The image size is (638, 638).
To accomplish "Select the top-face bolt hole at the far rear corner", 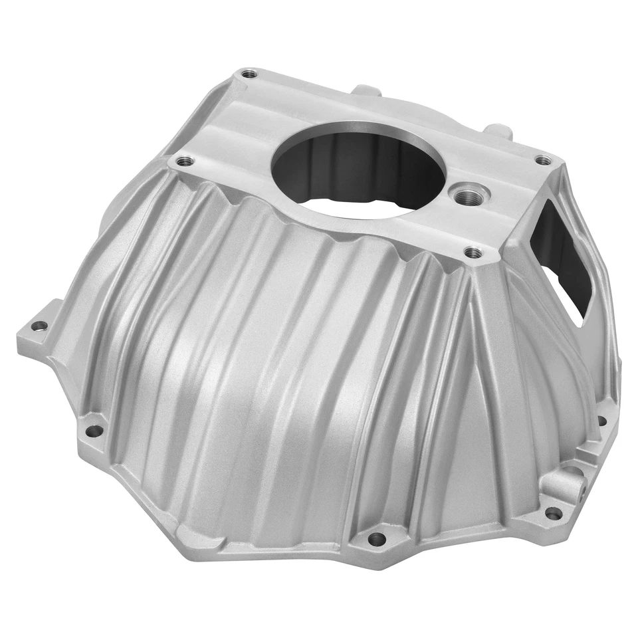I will pyautogui.click(x=249, y=74).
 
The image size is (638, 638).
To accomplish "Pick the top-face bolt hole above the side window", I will pyautogui.click(x=544, y=159).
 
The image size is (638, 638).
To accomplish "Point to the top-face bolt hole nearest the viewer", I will pyautogui.click(x=473, y=253).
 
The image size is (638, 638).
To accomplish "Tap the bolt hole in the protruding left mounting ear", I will pyautogui.click(x=39, y=326).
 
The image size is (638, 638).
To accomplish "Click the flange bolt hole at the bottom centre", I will pyautogui.click(x=376, y=538).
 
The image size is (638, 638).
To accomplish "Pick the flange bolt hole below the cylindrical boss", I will pyautogui.click(x=553, y=513).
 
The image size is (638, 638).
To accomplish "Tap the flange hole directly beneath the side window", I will pyautogui.click(x=602, y=420).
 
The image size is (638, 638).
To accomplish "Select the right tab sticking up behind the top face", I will pyautogui.click(x=498, y=130).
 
